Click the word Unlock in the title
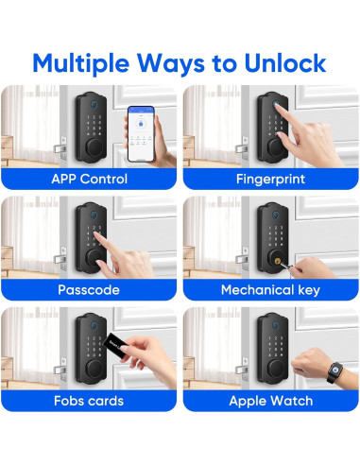[279, 62]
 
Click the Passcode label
[90, 289]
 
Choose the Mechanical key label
[270, 289]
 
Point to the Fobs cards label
[90, 401]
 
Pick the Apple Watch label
[270, 401]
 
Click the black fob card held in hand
[118, 347]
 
